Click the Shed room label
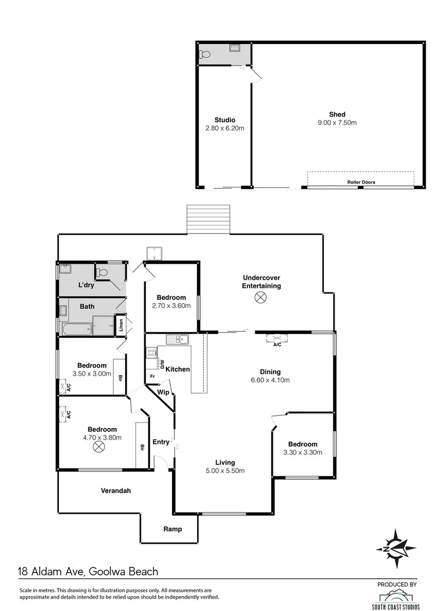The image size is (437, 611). click(337, 114)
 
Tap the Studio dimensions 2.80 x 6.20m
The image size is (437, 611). click(225, 128)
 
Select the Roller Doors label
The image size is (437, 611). click(361, 182)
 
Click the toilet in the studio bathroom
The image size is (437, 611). click(206, 55)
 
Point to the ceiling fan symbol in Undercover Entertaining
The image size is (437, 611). click(261, 298)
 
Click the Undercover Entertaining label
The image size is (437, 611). click(261, 282)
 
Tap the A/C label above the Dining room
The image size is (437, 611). click(277, 344)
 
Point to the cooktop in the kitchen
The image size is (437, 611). click(152, 352)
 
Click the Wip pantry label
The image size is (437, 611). click(163, 392)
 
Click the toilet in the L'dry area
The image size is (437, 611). click(102, 273)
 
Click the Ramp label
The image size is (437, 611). click(172, 529)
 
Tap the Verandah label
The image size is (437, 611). click(115, 490)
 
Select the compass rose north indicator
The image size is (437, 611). click(397, 548)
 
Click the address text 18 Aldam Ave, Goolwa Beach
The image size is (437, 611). click(89, 572)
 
